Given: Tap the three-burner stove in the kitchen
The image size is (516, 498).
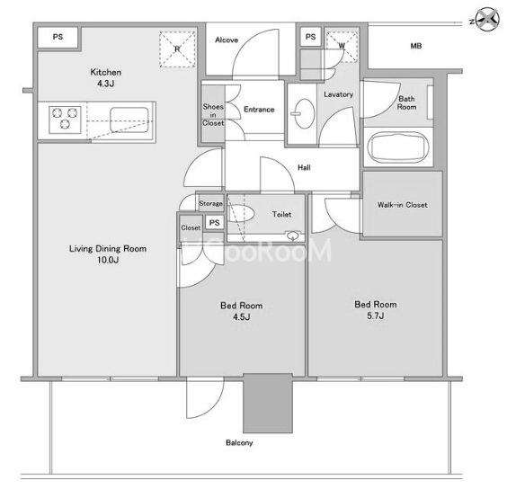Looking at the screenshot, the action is tap(65, 120).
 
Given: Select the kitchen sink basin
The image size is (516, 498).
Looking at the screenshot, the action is tap(129, 120).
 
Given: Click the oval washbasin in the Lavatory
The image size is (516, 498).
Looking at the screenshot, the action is tap(304, 113).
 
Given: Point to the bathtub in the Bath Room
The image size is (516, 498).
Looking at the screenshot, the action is tap(398, 147).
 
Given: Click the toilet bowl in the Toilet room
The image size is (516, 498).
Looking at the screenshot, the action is tap(241, 214).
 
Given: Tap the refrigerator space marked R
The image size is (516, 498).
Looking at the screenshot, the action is tap(177, 49).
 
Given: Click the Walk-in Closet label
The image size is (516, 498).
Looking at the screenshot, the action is tap(402, 205).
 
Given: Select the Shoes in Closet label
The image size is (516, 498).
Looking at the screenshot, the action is tap(213, 114).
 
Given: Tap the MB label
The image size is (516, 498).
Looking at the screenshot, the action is tap(416, 46).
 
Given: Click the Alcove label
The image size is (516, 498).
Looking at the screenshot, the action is tap(227, 40).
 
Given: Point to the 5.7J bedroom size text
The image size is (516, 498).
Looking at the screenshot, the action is tap(376, 316).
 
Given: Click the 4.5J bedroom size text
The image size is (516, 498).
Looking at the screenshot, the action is tap(242, 317).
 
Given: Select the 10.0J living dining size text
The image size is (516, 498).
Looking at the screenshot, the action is tap(108, 260).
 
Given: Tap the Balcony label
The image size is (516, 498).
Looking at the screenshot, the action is tap(239, 442).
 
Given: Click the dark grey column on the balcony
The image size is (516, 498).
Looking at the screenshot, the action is tap(268, 403).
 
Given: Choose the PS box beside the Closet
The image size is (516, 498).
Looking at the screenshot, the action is tap(215, 223).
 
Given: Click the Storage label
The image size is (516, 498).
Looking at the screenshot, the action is tap(210, 204).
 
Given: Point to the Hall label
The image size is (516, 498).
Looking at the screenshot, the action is tap(304, 167).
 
